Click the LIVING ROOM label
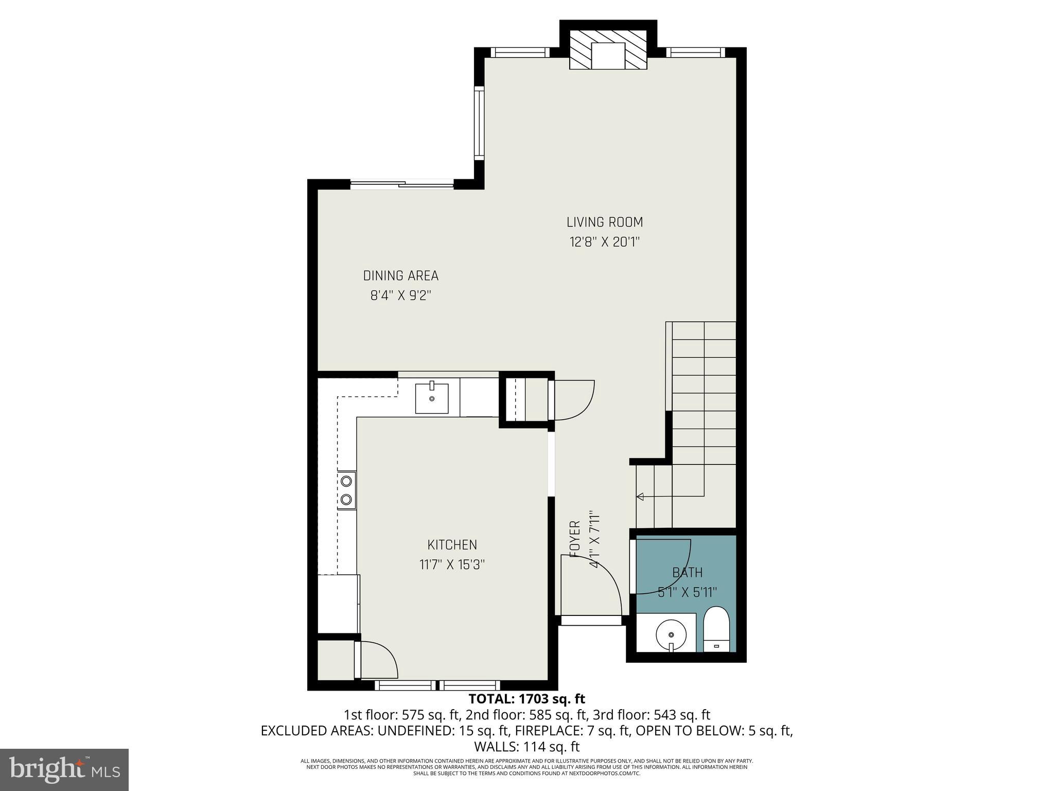click(x=605, y=222)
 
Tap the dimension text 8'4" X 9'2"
click(x=400, y=296)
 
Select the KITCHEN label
click(x=452, y=545)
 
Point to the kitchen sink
click(x=431, y=397)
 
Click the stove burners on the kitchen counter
click(x=347, y=490)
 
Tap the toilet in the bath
click(x=716, y=630)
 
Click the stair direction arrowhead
click(x=641, y=496)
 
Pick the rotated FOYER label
click(x=575, y=539)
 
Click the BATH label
click(x=687, y=572)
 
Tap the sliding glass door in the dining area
click(x=402, y=184)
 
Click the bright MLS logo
click(x=64, y=769)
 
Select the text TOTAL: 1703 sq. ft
click(x=526, y=699)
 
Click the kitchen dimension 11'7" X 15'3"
click(x=452, y=565)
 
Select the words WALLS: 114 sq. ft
click(x=526, y=747)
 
